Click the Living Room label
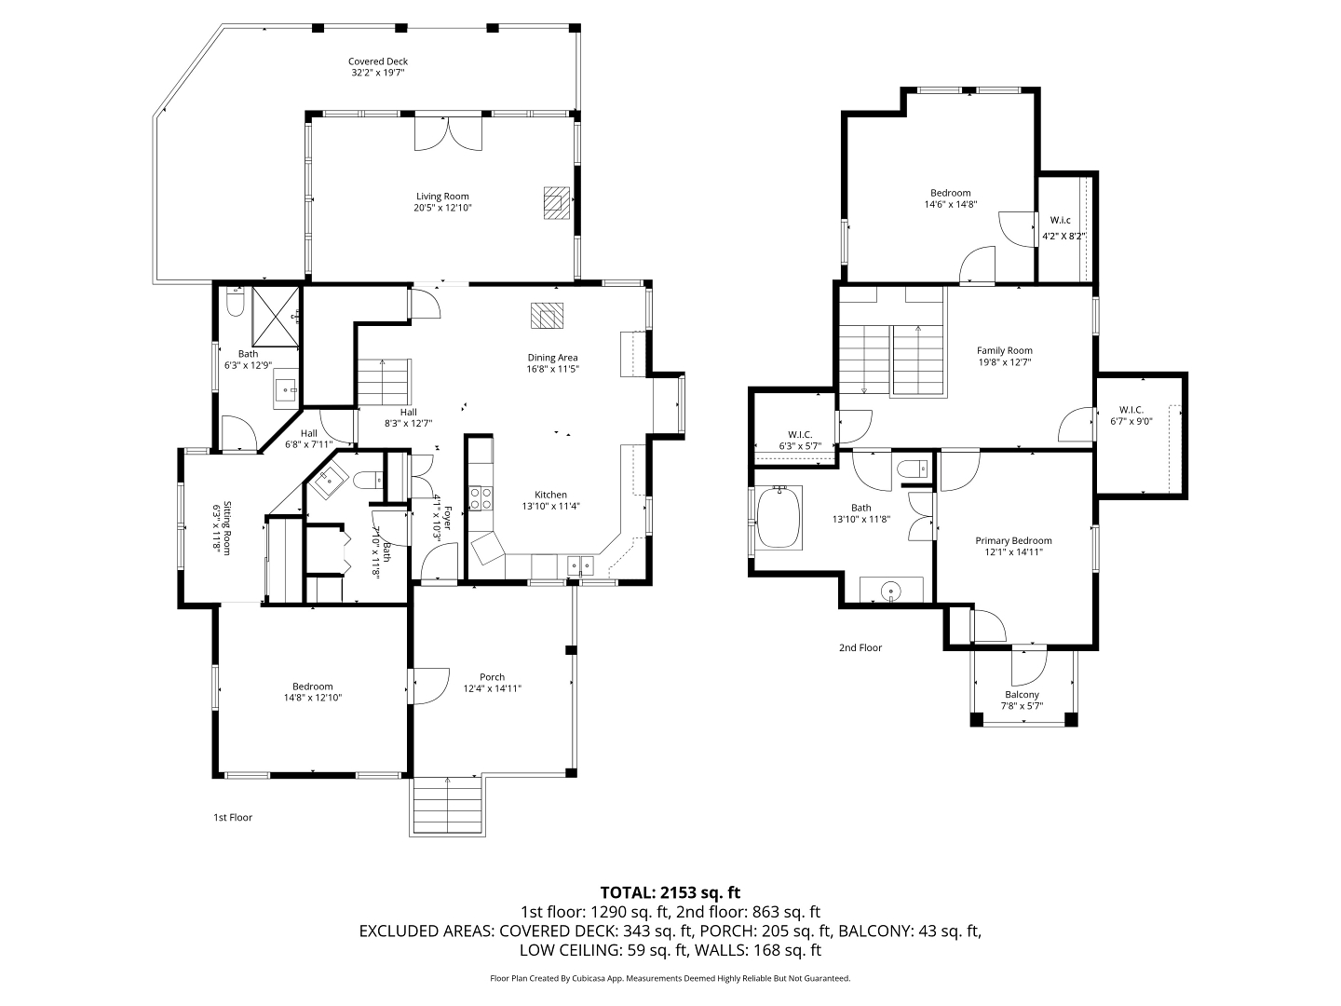click(442, 196)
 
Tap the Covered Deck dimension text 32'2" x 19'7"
click(377, 72)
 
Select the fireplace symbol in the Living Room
click(557, 203)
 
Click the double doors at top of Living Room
click(448, 133)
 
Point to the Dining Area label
click(552, 358)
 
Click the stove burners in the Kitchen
click(480, 497)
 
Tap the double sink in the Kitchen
click(580, 565)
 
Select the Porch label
click(492, 677)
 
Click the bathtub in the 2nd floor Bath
click(778, 517)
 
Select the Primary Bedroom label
click(1013, 540)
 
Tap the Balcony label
click(1022, 695)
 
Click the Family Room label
click(1005, 350)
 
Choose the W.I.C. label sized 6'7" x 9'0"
click(1131, 410)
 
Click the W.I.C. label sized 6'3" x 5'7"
click(800, 435)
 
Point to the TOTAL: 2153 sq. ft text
click(670, 892)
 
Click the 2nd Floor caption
click(860, 647)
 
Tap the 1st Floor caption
click(232, 817)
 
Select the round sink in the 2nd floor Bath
click(892, 591)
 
